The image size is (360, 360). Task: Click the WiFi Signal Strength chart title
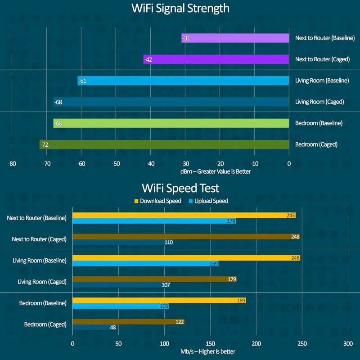click(180, 9)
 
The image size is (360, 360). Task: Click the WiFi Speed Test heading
click(180, 188)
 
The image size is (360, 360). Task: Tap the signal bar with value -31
click(235, 38)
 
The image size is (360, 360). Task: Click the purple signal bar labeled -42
click(216, 59)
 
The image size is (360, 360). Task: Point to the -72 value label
click(45, 144)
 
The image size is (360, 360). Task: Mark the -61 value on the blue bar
click(82, 81)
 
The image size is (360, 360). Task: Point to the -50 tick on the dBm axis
click(116, 164)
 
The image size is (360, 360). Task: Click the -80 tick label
click(12, 164)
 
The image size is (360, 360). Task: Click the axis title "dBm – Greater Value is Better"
click(216, 171)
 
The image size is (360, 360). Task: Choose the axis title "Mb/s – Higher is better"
click(210, 351)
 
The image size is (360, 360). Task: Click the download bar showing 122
click(128, 321)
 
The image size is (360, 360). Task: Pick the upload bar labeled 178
click(154, 221)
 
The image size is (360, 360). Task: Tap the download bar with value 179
click(154, 279)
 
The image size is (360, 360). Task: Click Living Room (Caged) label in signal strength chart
click(319, 102)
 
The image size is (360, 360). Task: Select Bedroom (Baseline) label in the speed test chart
click(43, 303)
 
